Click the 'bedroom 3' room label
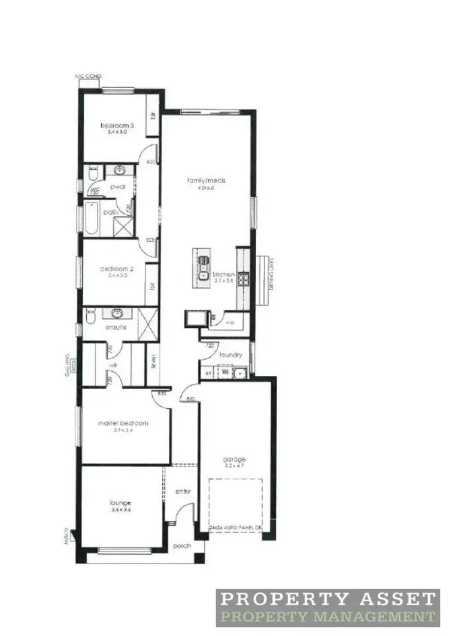117,125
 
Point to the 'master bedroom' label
123,423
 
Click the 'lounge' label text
120,503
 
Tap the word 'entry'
183,492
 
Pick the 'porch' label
181,546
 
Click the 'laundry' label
230,355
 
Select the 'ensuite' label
116,327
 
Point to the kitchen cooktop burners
244,279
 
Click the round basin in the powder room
119,170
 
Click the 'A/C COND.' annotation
89,77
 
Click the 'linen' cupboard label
153,362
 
